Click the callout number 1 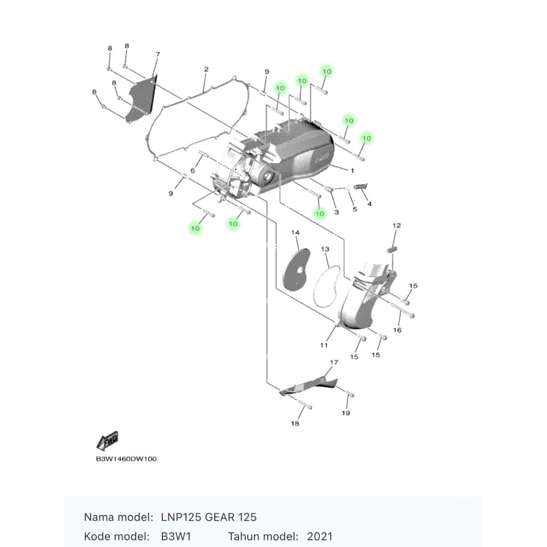352,170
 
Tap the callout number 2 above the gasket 206,70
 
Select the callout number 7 158,54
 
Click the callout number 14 295,232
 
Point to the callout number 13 325,249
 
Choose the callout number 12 396,226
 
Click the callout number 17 334,363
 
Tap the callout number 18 295,424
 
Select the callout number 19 346,413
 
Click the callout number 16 397,330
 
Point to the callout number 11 324,345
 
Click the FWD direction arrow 107,441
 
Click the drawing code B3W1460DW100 126,459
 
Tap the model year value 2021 319,536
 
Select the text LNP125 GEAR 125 208,517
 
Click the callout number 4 369,204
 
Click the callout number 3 337,212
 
